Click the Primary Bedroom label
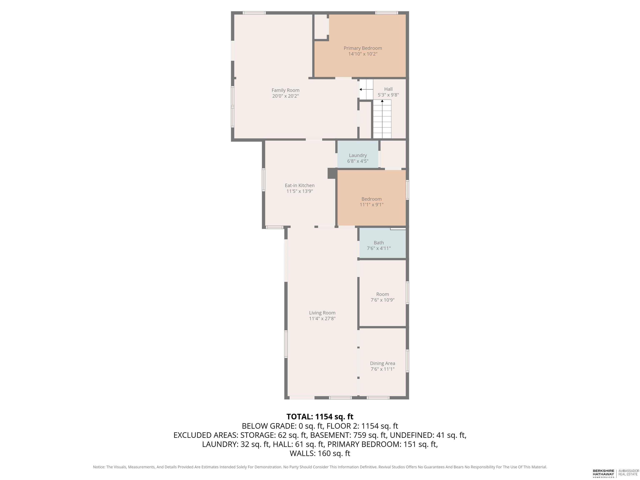(363, 48)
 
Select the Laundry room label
(358, 155)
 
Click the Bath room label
(379, 243)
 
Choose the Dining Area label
(382, 363)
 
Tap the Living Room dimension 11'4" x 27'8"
(322, 319)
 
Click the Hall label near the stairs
(388, 89)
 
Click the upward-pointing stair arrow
(382, 119)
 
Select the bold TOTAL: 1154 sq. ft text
(320, 417)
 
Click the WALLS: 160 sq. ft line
(320, 453)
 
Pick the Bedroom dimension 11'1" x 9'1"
(371, 205)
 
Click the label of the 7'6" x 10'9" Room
(382, 294)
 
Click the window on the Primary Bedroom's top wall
(386, 13)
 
